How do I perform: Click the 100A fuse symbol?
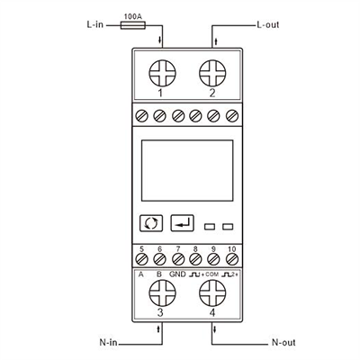point(133,25)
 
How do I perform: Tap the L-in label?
point(95,24)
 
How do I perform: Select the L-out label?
point(268,24)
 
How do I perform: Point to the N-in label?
point(108,342)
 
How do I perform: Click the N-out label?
point(283,342)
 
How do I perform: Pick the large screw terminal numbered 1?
point(163,73)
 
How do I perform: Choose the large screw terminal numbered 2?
point(212,73)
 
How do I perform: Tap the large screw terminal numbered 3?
point(163,293)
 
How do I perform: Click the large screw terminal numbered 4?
point(212,293)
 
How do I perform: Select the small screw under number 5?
point(141,259)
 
